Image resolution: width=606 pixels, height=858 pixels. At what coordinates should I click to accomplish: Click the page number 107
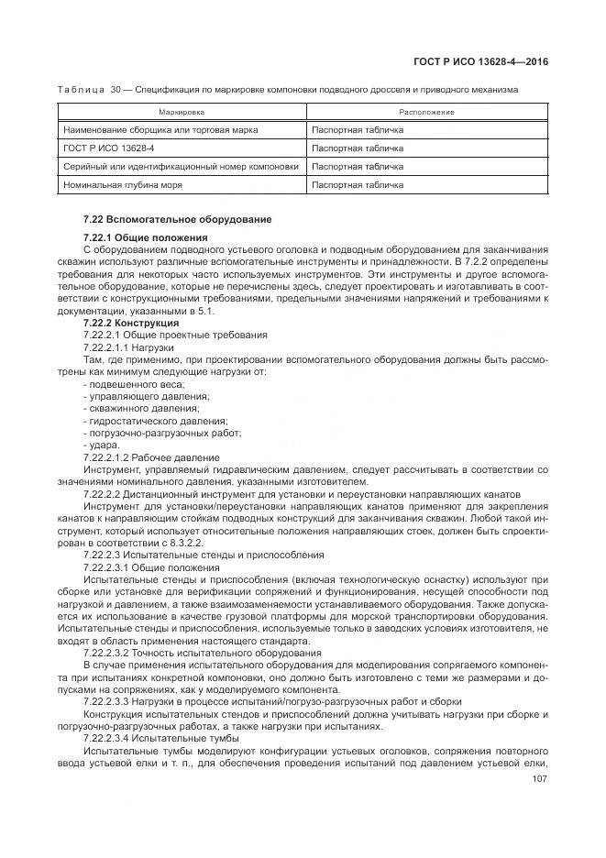539,782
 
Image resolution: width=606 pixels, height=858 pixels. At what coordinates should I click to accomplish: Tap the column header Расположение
426,112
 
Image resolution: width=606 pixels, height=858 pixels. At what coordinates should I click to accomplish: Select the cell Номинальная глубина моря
123,184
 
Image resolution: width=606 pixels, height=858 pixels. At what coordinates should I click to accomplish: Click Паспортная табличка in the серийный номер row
358,166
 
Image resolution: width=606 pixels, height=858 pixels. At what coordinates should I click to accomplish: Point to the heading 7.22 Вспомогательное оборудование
164,219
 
